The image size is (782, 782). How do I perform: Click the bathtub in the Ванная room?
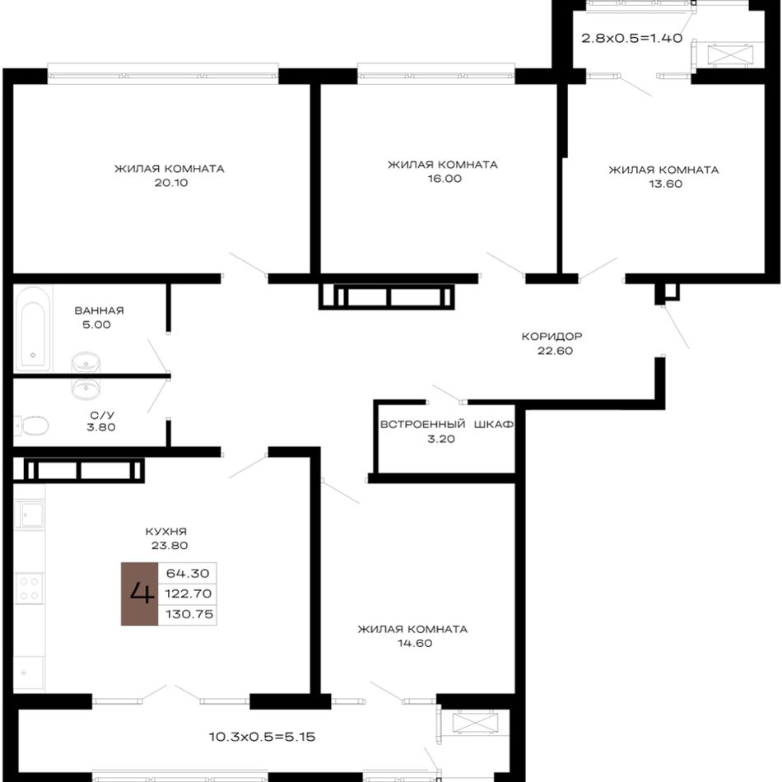tap(33, 328)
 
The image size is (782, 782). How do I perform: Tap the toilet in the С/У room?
tap(31, 426)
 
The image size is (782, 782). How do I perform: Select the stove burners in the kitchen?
tap(29, 588)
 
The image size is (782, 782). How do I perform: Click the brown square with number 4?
tap(140, 593)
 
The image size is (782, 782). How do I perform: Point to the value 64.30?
tap(188, 573)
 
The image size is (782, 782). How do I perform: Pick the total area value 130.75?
tap(189, 614)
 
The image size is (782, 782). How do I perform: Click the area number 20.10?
tap(171, 183)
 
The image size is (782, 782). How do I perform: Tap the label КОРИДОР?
tap(552, 337)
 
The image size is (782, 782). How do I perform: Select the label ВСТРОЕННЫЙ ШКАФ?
tap(447, 425)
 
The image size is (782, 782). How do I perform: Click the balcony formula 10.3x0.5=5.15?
tap(262, 737)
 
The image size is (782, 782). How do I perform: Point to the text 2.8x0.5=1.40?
tap(632, 38)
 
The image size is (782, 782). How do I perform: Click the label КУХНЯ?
tap(166, 532)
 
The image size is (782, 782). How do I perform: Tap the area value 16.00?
tap(445, 179)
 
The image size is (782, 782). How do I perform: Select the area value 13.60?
tap(665, 184)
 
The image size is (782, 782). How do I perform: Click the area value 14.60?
tap(415, 644)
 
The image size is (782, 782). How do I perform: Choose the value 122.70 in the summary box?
tap(189, 593)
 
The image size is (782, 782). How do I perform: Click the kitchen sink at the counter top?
tap(30, 514)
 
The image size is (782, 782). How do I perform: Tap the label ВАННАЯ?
tap(100, 310)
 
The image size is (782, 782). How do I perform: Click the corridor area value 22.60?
tap(555, 351)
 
